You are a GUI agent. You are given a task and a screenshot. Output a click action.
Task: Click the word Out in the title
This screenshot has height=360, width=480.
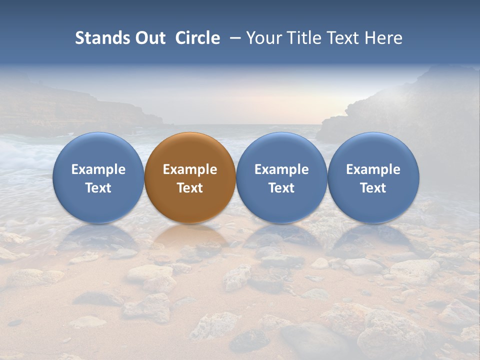[149, 38]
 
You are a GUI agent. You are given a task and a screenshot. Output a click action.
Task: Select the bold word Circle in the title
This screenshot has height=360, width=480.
[197, 38]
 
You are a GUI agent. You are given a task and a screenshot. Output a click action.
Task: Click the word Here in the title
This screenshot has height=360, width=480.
[383, 38]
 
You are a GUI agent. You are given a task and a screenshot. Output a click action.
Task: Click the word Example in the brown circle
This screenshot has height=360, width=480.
[190, 169]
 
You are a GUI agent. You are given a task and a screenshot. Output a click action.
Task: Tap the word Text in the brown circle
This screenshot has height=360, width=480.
[190, 188]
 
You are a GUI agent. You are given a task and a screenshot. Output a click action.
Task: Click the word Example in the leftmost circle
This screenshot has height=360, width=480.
[98, 169]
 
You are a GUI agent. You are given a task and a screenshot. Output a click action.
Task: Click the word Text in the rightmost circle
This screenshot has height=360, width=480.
[373, 188]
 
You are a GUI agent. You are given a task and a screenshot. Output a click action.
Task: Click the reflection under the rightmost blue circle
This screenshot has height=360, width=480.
[373, 237]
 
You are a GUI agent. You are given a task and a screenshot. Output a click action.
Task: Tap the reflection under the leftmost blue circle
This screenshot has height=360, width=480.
[98, 237]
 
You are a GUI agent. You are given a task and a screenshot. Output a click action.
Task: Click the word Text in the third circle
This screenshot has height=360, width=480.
[281, 188]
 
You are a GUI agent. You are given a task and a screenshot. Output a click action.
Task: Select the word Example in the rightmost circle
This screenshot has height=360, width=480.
[373, 169]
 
